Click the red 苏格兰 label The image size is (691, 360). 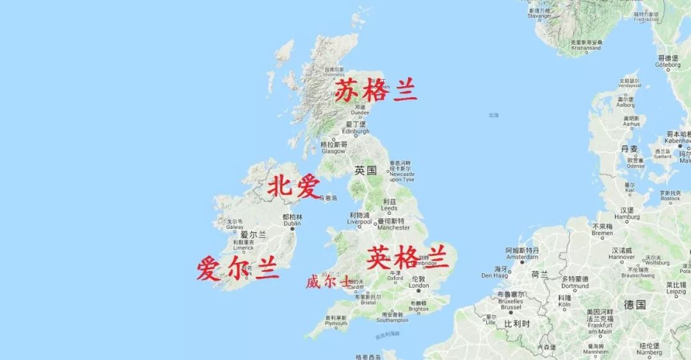click(376, 92)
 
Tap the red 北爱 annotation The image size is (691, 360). click(293, 187)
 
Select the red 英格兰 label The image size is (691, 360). click(408, 257)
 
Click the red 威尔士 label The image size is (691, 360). click(328, 281)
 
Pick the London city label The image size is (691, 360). click(418, 282)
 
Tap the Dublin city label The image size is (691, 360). click(291, 221)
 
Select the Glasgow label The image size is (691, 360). click(333, 148)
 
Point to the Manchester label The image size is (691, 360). click(393, 224)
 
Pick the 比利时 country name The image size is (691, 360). click(517, 324)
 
